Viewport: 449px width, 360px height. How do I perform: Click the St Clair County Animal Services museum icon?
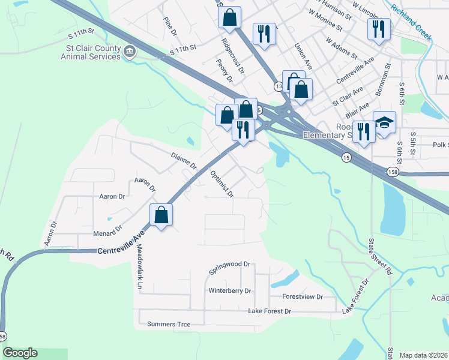(x=130, y=53)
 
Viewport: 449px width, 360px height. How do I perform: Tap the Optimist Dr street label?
(x=221, y=184)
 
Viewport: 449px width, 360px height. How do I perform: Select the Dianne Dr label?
(x=184, y=160)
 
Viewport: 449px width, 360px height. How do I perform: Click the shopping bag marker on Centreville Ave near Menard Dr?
(x=161, y=216)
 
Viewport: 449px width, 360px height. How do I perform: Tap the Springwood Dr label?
(x=229, y=268)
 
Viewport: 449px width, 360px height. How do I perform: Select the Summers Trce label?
(x=169, y=325)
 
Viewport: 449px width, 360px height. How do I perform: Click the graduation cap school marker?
(x=384, y=123)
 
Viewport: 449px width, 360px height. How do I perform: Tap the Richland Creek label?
(x=411, y=23)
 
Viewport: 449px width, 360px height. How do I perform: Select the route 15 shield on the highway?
(x=346, y=157)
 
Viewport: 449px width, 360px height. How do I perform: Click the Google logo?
(x=20, y=353)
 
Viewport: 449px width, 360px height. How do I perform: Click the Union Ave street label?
(x=304, y=55)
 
